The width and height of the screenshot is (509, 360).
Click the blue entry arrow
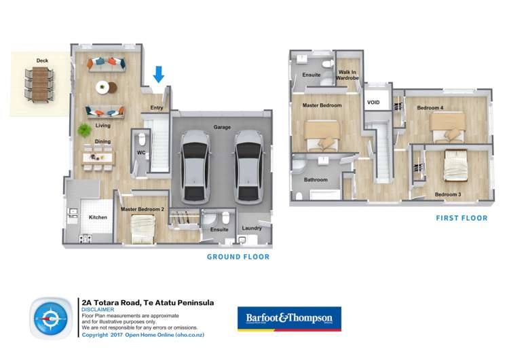[158, 73]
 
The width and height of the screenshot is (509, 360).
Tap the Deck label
[42, 61]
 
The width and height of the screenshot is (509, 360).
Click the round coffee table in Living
[103, 86]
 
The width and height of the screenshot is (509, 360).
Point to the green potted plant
[84, 129]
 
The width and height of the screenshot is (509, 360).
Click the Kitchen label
[98, 217]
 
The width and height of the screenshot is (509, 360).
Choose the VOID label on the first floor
[373, 103]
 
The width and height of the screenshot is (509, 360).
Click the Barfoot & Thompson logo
[289, 318]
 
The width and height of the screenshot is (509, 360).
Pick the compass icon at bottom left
[51, 318]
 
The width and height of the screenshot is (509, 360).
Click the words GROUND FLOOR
[238, 257]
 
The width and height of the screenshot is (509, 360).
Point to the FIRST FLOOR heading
[461, 218]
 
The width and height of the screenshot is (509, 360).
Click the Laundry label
[251, 228]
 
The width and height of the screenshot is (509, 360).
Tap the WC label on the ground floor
[141, 153]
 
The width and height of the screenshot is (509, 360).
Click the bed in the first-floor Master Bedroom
[321, 134]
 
